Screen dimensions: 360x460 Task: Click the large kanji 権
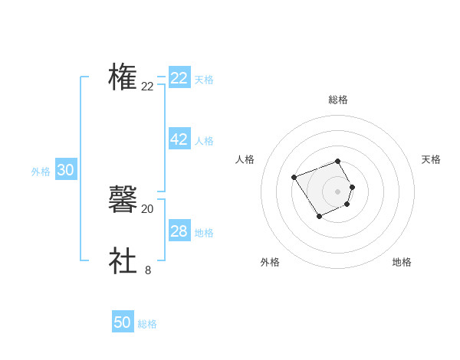[123, 77]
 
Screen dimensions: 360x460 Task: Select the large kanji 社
[123, 260]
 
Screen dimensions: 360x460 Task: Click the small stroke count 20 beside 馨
[148, 209]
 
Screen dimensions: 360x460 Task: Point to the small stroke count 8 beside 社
[148, 270]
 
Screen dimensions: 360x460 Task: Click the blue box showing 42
[179, 139]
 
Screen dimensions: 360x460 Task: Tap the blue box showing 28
[179, 231]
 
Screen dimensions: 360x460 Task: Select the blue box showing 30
[65, 171]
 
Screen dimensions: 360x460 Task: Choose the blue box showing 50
[123, 322]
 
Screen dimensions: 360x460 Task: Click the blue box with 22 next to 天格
[179, 78]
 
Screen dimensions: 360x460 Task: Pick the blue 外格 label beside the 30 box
[41, 172]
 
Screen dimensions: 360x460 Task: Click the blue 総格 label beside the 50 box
[147, 324]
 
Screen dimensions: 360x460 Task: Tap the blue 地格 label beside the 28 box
[204, 233]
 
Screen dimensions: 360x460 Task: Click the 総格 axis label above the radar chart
[338, 100]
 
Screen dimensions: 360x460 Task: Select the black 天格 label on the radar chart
[431, 159]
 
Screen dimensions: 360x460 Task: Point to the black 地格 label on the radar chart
[402, 263]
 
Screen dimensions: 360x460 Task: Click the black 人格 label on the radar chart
[245, 159]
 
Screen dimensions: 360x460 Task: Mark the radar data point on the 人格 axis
[294, 178]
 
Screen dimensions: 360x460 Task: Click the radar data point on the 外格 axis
[319, 218]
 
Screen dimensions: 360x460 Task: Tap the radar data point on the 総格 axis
[338, 161]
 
